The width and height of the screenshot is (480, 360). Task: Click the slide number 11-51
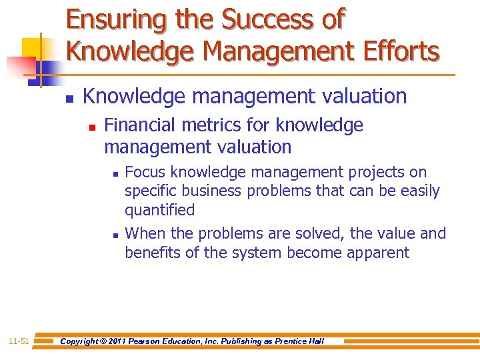click(19, 341)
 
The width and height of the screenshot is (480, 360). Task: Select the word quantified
click(159, 210)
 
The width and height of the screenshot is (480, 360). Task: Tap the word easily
click(418, 191)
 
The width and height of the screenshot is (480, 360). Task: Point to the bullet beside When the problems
click(115, 235)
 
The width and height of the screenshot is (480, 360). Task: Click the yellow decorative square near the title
click(33, 47)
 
